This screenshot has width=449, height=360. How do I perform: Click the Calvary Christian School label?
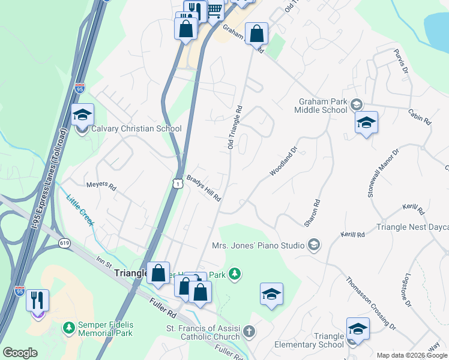[x=136, y=128]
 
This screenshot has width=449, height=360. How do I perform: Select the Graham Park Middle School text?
[x=321, y=106]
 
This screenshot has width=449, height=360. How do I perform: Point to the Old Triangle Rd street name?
[x=234, y=128]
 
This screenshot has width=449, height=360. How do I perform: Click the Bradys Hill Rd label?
[x=204, y=188]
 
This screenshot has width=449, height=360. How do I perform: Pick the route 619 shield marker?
[x=64, y=243]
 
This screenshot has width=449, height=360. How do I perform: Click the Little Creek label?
[x=80, y=211]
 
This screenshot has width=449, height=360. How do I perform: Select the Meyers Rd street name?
[x=100, y=186]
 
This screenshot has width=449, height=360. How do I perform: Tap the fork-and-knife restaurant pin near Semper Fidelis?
[x=37, y=300]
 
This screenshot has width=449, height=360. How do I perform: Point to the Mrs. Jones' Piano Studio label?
[x=258, y=245]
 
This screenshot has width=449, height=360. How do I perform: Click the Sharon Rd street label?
[x=312, y=212]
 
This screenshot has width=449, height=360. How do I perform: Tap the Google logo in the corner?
[x=20, y=352]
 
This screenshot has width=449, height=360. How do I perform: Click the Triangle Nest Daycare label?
[x=412, y=227]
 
